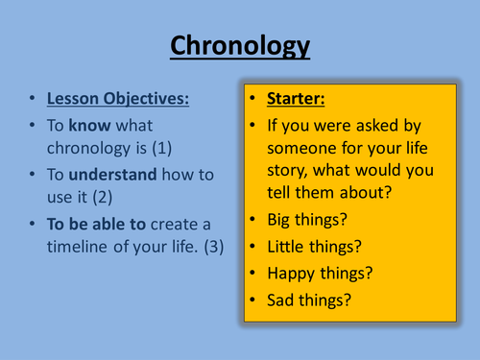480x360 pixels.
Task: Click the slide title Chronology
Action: pos(239,46)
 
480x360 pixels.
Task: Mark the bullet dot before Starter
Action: pos(252,101)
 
